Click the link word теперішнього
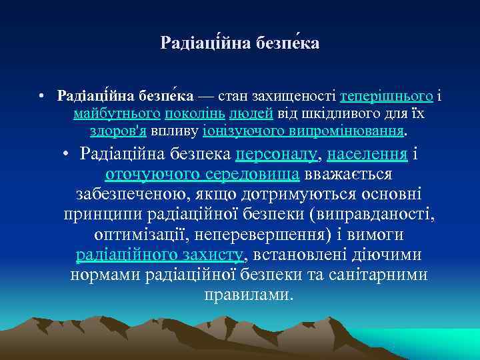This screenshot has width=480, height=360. pos(387,97)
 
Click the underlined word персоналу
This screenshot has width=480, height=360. pos(277,155)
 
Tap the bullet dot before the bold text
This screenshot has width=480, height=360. pos(41,97)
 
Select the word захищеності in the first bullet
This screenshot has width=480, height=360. pos(287,97)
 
